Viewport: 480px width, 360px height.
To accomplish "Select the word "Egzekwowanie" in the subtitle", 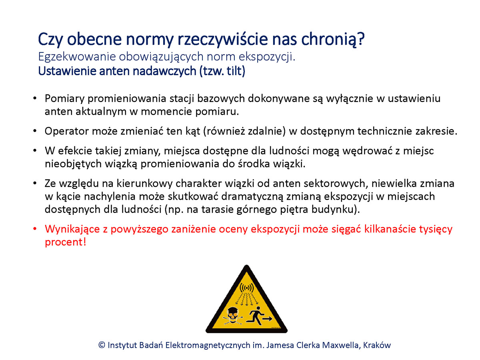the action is (x=77, y=57).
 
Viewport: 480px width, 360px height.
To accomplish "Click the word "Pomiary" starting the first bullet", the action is (x=64, y=99).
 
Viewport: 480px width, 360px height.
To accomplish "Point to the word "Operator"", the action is (x=66, y=131).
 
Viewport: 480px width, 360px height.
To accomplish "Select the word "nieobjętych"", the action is (x=73, y=164).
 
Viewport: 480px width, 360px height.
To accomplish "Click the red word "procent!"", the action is (x=65, y=242).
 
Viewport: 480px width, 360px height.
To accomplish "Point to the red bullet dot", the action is (x=34, y=229).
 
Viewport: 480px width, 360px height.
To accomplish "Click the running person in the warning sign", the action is (x=256, y=316).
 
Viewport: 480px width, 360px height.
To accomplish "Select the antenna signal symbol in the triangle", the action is (x=247, y=288).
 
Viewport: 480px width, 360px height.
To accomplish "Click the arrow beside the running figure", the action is (x=267, y=319).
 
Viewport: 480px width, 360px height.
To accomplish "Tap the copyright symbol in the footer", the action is (x=102, y=345).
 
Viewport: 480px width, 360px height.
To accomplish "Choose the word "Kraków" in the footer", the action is (x=377, y=345).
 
